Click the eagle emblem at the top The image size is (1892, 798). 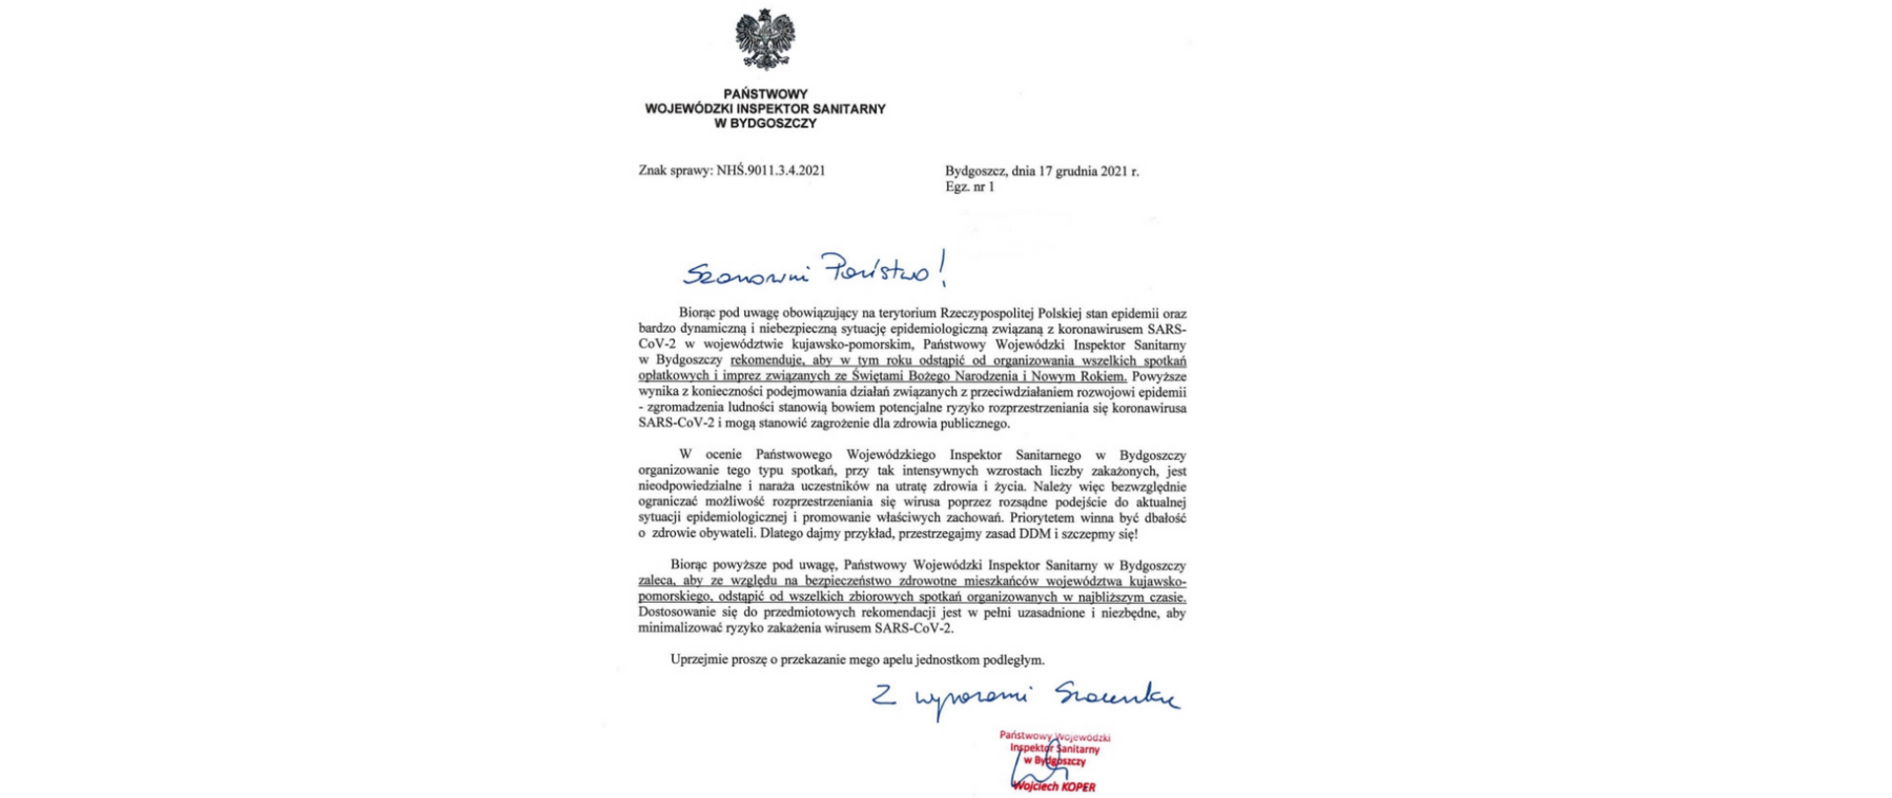765,38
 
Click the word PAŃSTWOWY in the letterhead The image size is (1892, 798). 765,95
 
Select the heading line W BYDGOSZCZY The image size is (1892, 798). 765,123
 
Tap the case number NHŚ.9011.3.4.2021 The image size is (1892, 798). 771,170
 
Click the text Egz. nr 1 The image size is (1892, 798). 970,186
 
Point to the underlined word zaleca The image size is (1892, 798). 657,581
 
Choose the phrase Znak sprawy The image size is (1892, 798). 674,170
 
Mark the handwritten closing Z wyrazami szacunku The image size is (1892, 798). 1025,697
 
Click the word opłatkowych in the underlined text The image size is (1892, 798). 673,376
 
